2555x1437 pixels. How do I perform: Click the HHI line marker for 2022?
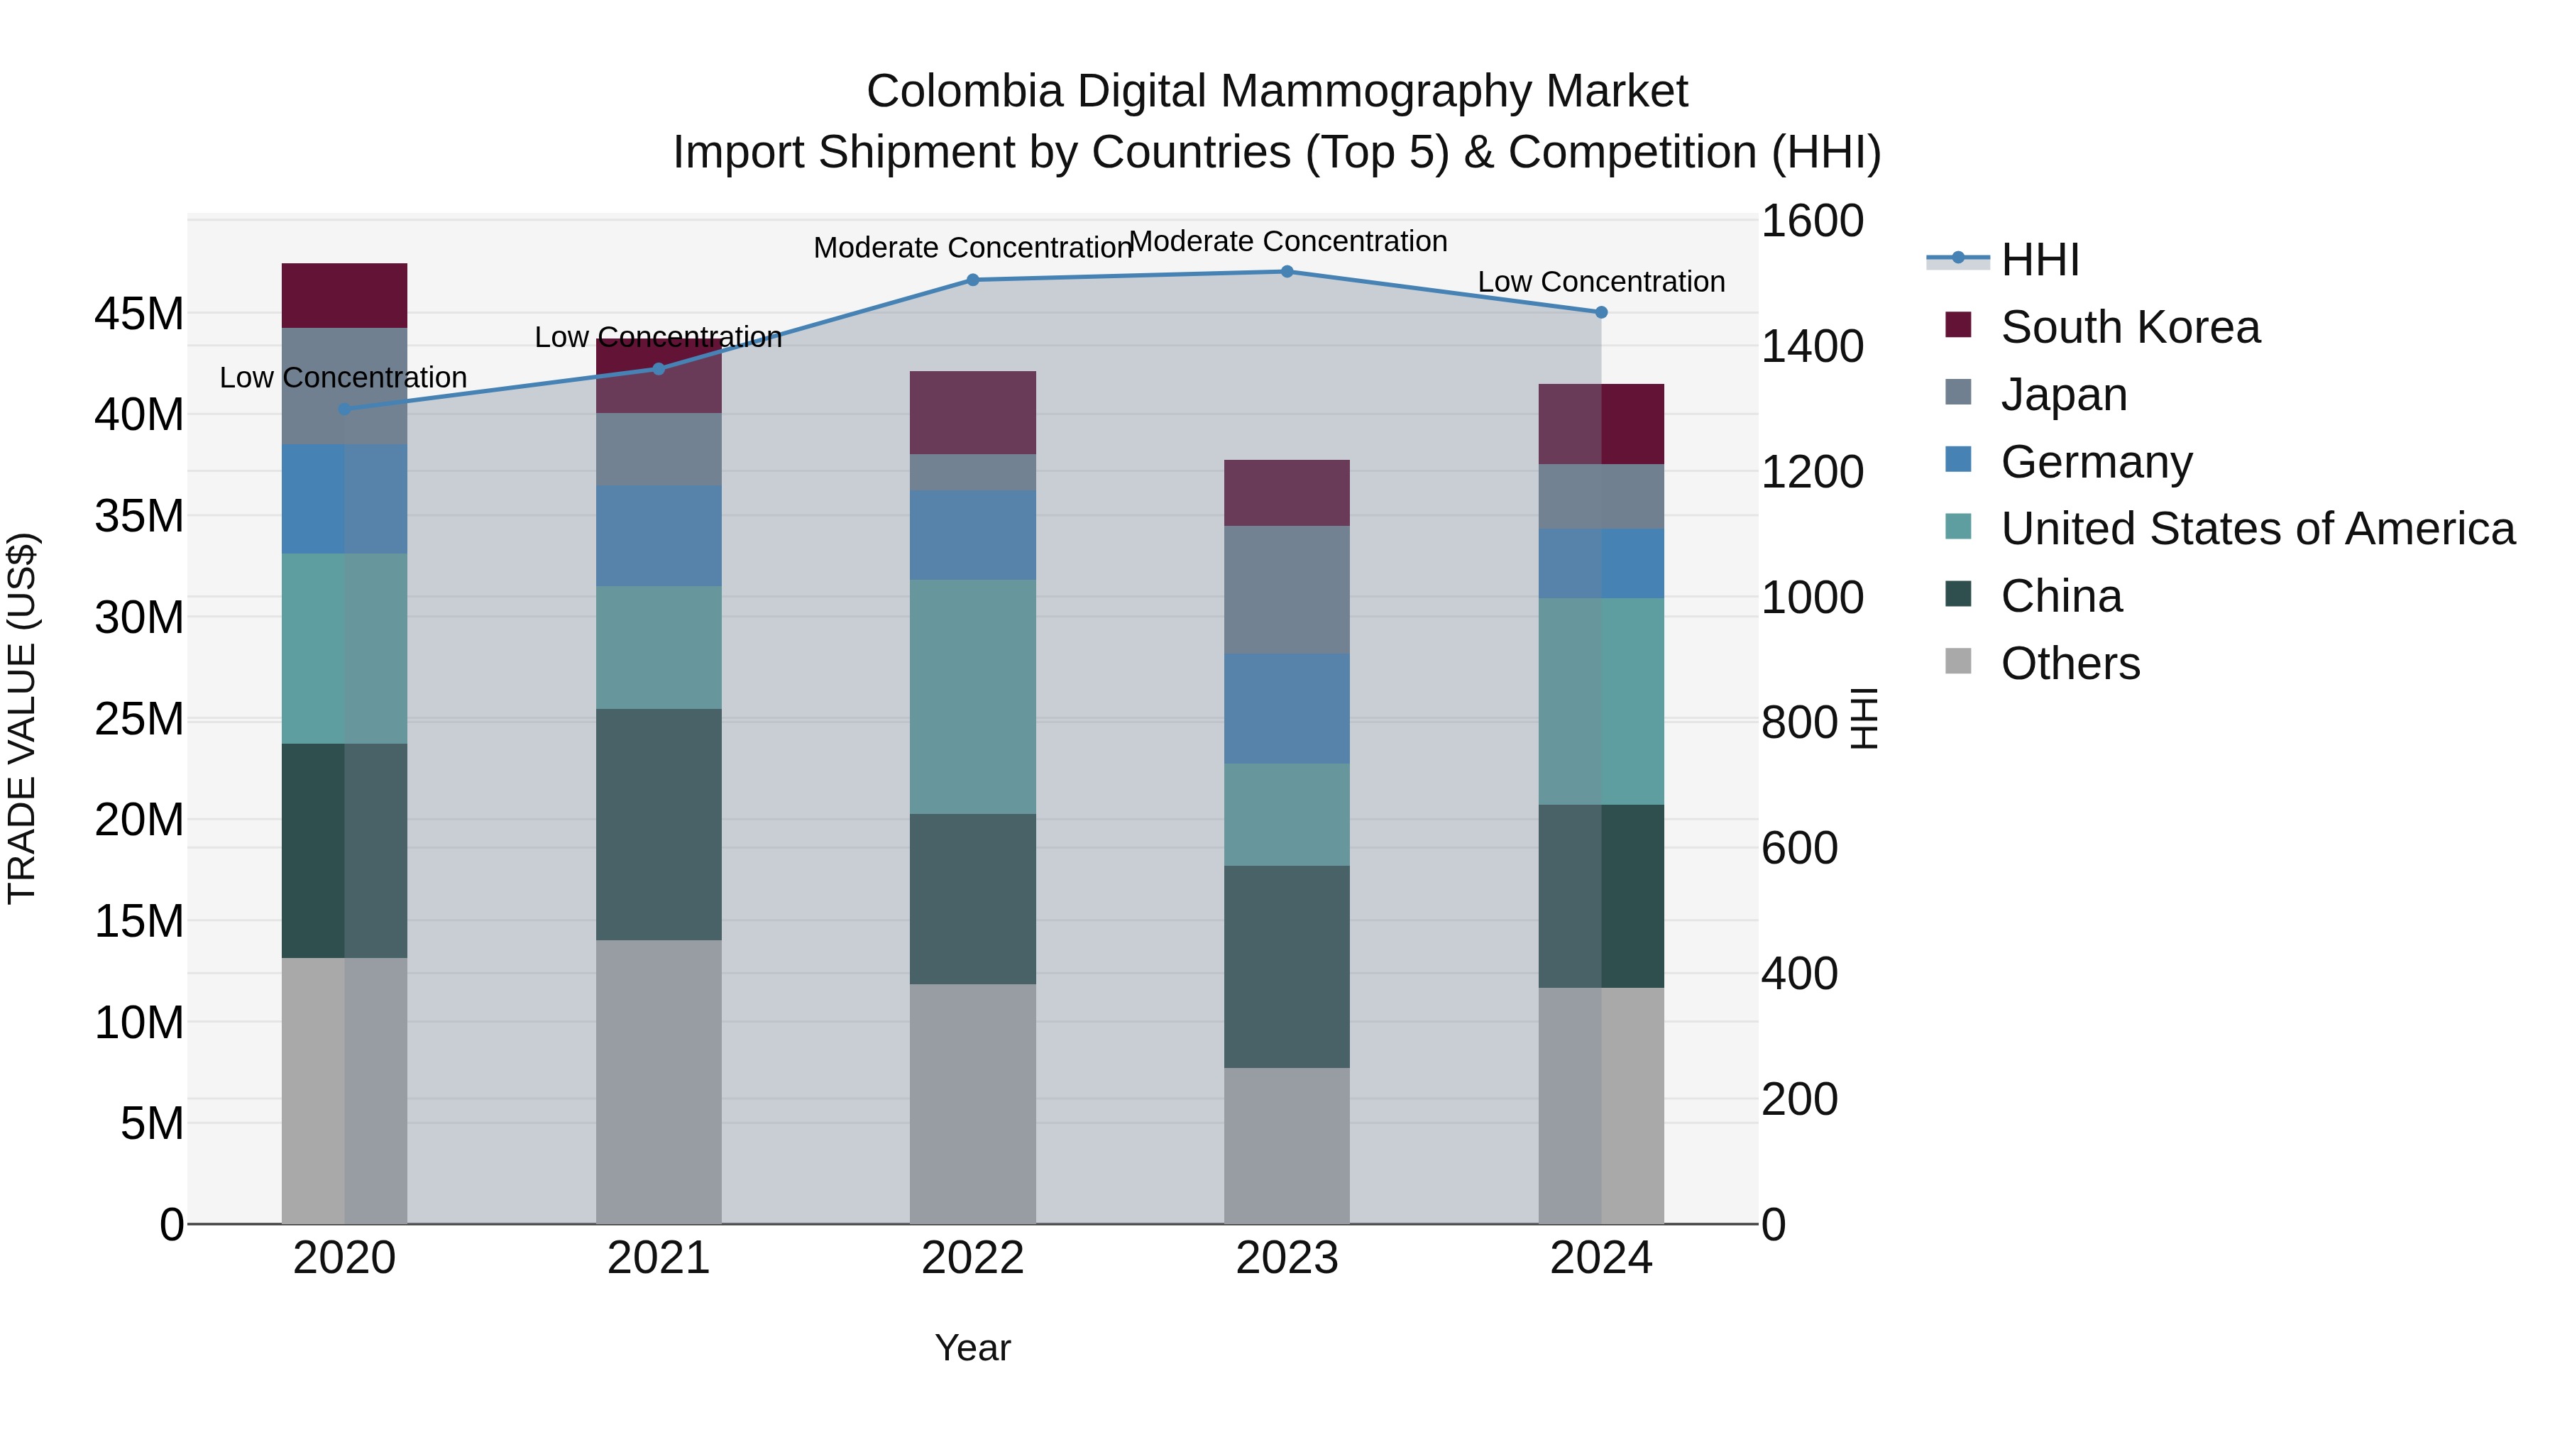(x=972, y=280)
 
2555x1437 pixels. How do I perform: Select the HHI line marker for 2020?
(x=344, y=409)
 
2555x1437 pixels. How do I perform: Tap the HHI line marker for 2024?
(x=1601, y=312)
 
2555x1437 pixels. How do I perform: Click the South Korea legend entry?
(x=2129, y=327)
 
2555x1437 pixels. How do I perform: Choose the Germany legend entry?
(x=2096, y=462)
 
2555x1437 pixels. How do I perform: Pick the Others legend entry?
(x=2070, y=664)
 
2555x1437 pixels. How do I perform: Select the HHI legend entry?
(x=2039, y=260)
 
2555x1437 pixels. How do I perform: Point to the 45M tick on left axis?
(x=139, y=314)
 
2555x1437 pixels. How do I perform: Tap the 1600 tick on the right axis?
(x=1811, y=221)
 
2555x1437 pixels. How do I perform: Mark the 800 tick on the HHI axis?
(x=1799, y=723)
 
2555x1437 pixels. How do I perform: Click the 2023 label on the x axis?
(x=1287, y=1258)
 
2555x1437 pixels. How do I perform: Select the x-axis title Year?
(x=972, y=1348)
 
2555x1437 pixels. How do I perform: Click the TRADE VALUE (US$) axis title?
(x=22, y=718)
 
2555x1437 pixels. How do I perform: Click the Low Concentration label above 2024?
(x=1601, y=282)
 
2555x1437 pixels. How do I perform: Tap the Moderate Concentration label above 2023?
(x=1287, y=241)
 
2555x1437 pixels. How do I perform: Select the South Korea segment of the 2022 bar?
(x=972, y=412)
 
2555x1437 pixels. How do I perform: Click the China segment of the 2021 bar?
(x=659, y=824)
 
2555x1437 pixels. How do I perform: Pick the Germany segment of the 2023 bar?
(x=1287, y=708)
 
